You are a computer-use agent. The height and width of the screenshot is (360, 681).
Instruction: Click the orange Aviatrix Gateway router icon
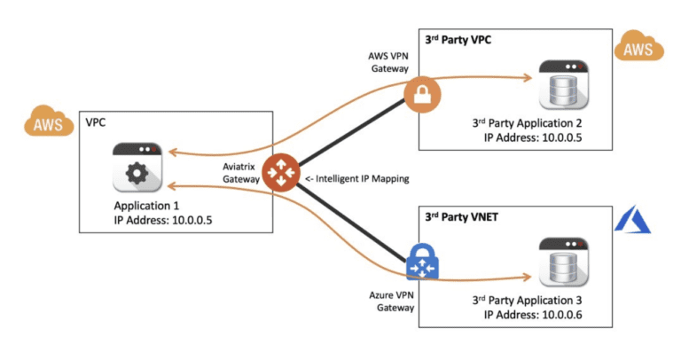281,172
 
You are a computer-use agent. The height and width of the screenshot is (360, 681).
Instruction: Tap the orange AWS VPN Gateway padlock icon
422,95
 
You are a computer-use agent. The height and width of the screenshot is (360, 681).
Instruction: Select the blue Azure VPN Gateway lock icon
422,262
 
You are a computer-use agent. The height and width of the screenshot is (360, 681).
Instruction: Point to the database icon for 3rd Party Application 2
564,85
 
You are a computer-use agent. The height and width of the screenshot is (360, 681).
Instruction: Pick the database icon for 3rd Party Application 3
564,262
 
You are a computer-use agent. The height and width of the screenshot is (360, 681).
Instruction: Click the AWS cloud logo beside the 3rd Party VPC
638,46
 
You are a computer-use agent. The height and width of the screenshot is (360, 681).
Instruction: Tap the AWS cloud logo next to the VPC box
49,121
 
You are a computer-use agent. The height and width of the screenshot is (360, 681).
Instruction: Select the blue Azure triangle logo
633,219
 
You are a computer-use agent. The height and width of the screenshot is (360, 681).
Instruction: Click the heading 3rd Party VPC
458,40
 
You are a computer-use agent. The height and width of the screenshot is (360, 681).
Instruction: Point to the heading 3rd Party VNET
461,217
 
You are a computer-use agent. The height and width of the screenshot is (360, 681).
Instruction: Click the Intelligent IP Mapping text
357,179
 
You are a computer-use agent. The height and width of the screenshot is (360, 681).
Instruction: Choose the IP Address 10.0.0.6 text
533,315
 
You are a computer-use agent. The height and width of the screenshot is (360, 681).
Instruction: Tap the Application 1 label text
146,206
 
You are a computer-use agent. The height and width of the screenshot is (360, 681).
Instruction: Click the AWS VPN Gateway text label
388,62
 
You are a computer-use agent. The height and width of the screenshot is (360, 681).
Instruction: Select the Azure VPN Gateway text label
392,301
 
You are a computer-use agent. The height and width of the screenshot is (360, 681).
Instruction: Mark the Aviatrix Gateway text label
241,173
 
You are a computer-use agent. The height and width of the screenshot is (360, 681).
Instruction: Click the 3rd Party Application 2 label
528,123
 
